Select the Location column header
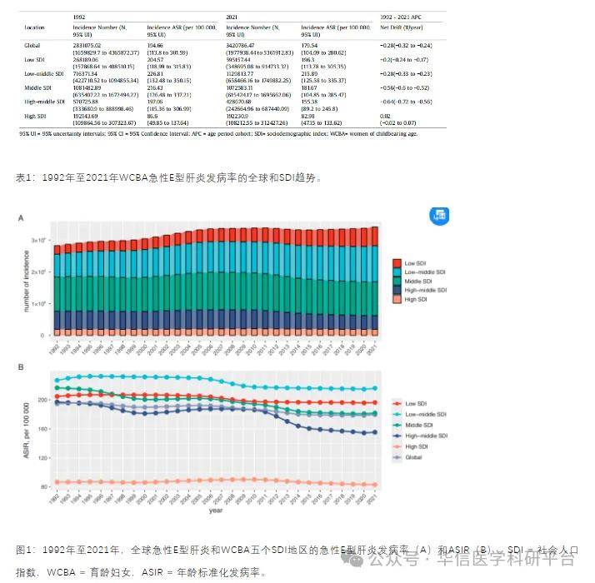coord(34,27)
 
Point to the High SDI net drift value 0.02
coord(385,116)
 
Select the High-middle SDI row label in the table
coord(46,101)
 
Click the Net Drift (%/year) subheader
coord(402,27)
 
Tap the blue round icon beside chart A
coord(439,216)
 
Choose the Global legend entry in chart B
coord(414,457)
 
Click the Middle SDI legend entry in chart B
coord(419,425)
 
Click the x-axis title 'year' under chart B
coord(216,511)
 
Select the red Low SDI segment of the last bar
coord(374,237)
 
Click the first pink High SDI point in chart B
coord(57,482)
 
